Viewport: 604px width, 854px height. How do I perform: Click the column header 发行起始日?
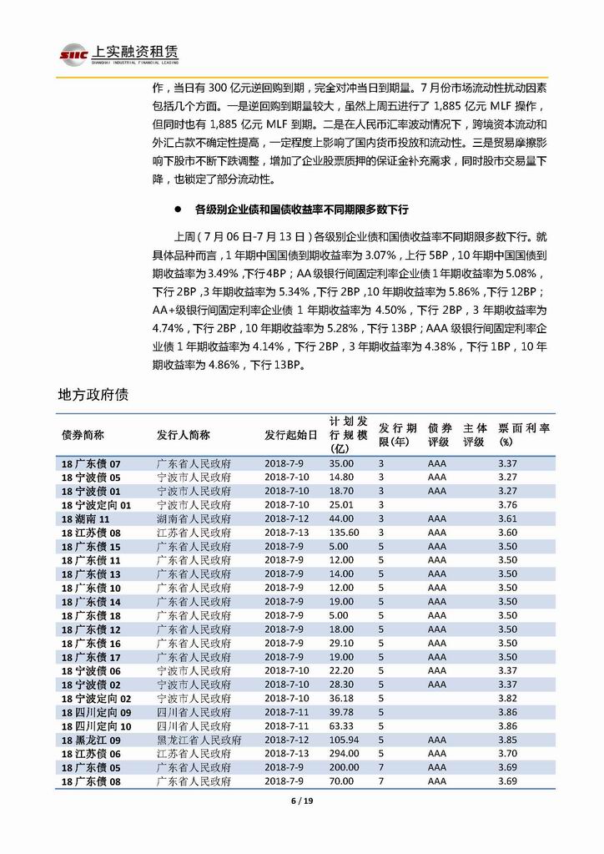click(291, 435)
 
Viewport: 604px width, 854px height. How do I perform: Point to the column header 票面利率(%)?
click(523, 434)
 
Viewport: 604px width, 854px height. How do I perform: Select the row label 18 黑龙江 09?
click(92, 740)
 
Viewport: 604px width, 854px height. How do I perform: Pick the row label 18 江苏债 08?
click(92, 533)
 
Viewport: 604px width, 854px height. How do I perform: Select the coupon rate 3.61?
click(507, 518)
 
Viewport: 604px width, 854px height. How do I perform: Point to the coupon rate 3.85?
click(507, 740)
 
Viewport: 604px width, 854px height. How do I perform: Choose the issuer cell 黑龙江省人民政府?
click(199, 740)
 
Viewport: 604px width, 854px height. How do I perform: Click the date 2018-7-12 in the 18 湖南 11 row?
click(287, 518)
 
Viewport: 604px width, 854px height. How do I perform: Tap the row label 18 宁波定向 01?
click(97, 505)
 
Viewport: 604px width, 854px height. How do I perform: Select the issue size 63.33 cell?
click(341, 725)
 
